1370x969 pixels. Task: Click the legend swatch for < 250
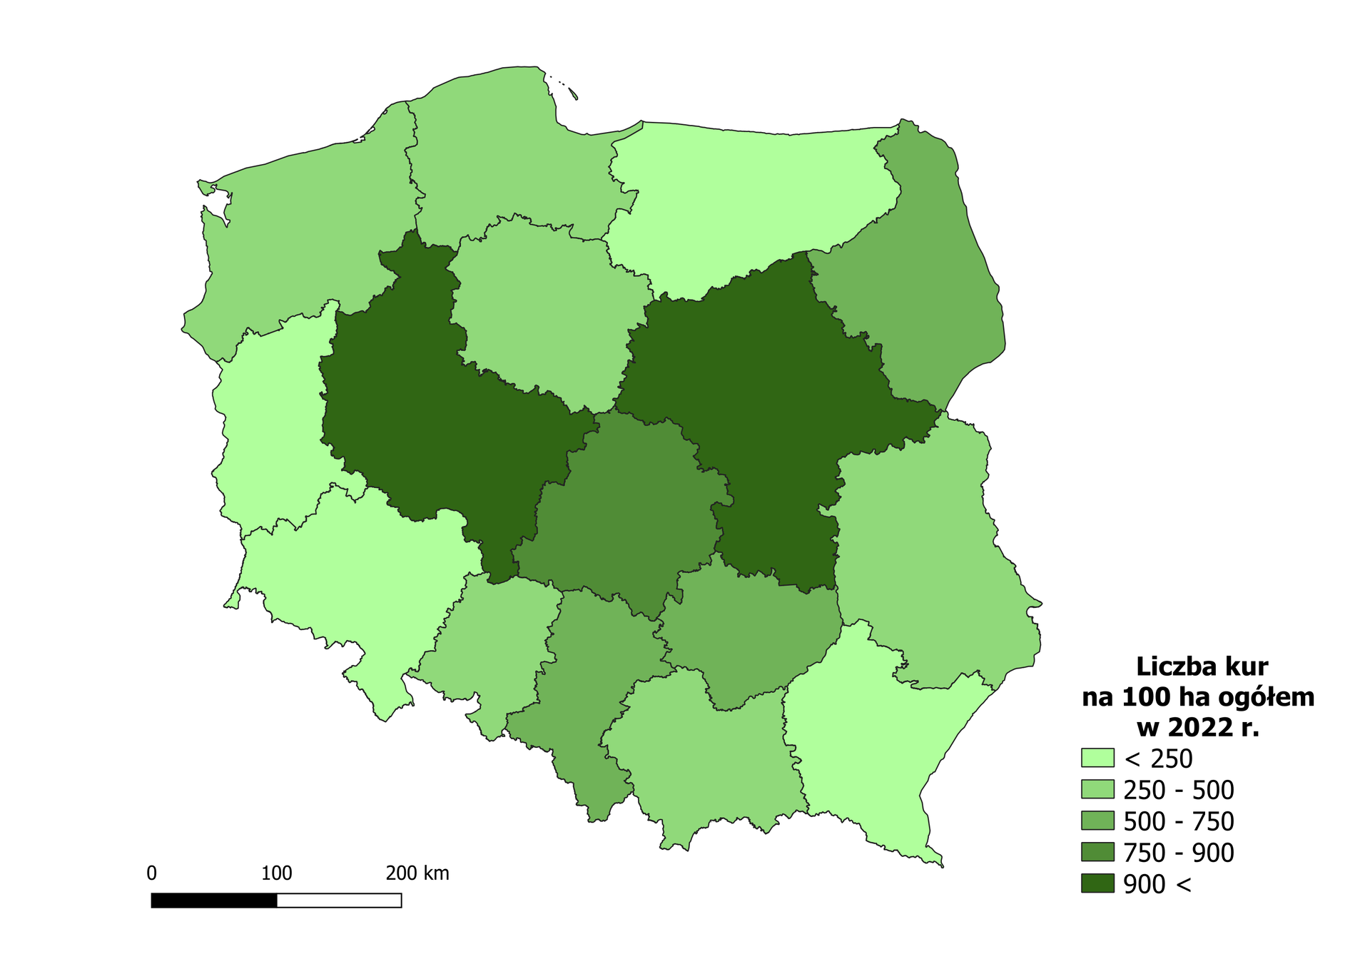[x=1097, y=758]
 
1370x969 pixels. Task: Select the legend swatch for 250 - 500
[x=1097, y=789]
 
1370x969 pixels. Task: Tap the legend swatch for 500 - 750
[x=1097, y=821]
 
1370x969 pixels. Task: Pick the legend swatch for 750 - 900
[x=1097, y=852]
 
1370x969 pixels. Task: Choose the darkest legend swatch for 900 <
[x=1097, y=883]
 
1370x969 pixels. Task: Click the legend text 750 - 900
[x=1178, y=853]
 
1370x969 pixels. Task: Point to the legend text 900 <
[x=1157, y=884]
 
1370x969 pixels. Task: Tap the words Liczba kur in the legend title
[x=1202, y=666]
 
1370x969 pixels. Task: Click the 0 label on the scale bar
[x=151, y=873]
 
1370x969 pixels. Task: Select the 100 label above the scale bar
[x=276, y=873]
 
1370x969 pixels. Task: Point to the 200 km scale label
[x=417, y=873]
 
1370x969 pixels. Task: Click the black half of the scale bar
[x=214, y=900]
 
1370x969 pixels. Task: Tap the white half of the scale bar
[x=339, y=900]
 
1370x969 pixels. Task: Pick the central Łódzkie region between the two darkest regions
[x=628, y=514]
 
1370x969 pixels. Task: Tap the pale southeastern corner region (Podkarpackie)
[x=871, y=742]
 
